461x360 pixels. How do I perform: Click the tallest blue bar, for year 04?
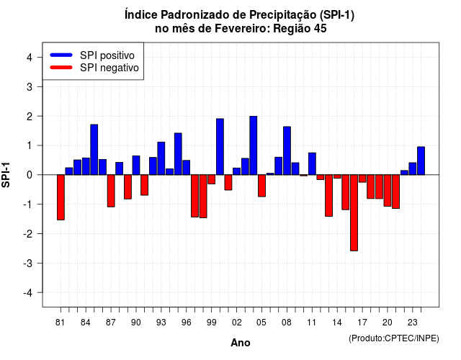[253, 145]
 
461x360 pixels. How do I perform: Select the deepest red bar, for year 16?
[354, 213]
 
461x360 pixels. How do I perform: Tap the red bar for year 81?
[61, 197]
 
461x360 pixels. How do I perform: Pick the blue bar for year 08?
[287, 150]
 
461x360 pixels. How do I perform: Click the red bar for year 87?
[111, 191]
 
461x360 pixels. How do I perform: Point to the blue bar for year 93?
[161, 158]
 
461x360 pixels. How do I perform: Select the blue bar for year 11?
[312, 163]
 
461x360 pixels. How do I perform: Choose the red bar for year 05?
[261, 186]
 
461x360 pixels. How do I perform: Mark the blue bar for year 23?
[413, 168]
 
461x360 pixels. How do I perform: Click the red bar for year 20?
[388, 190]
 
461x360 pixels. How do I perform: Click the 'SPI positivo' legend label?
[107, 55]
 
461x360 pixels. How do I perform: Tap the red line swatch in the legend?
[61, 67]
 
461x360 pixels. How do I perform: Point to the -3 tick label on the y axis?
[29, 263]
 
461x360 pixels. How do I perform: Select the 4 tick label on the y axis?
[30, 58]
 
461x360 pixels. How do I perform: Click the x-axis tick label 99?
[211, 323]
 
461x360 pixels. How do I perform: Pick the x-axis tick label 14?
[337, 323]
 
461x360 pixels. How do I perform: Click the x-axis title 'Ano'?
[241, 343]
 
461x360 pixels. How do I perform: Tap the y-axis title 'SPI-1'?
[6, 175]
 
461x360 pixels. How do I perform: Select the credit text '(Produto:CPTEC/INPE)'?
[394, 338]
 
